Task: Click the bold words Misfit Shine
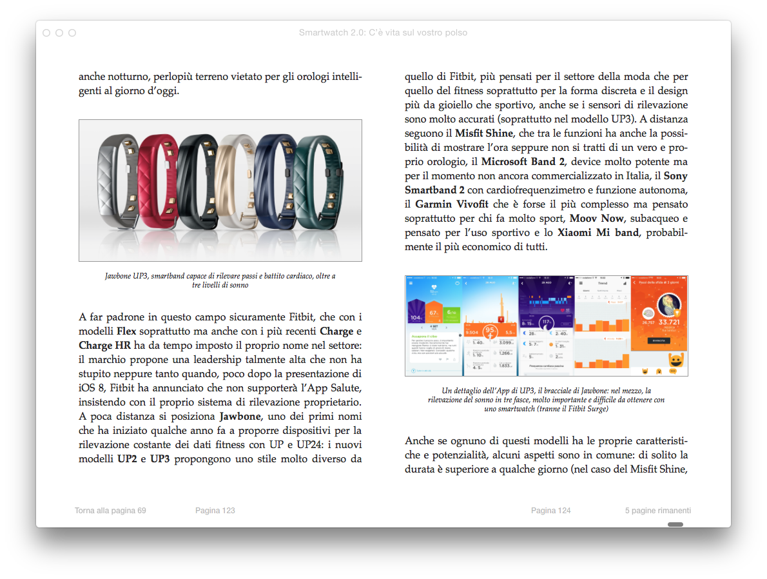click(484, 133)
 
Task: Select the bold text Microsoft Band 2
click(523, 161)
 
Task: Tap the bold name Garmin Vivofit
click(451, 204)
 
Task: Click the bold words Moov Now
click(596, 218)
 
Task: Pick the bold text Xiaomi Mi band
click(597, 232)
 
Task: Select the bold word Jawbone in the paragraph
click(239, 417)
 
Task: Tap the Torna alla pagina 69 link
click(110, 511)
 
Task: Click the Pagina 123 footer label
click(215, 511)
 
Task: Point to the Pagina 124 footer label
click(550, 511)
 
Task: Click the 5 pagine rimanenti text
click(657, 511)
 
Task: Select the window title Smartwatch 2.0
click(383, 33)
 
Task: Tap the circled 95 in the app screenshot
click(489, 331)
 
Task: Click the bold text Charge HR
click(104, 346)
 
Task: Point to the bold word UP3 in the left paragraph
click(160, 459)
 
